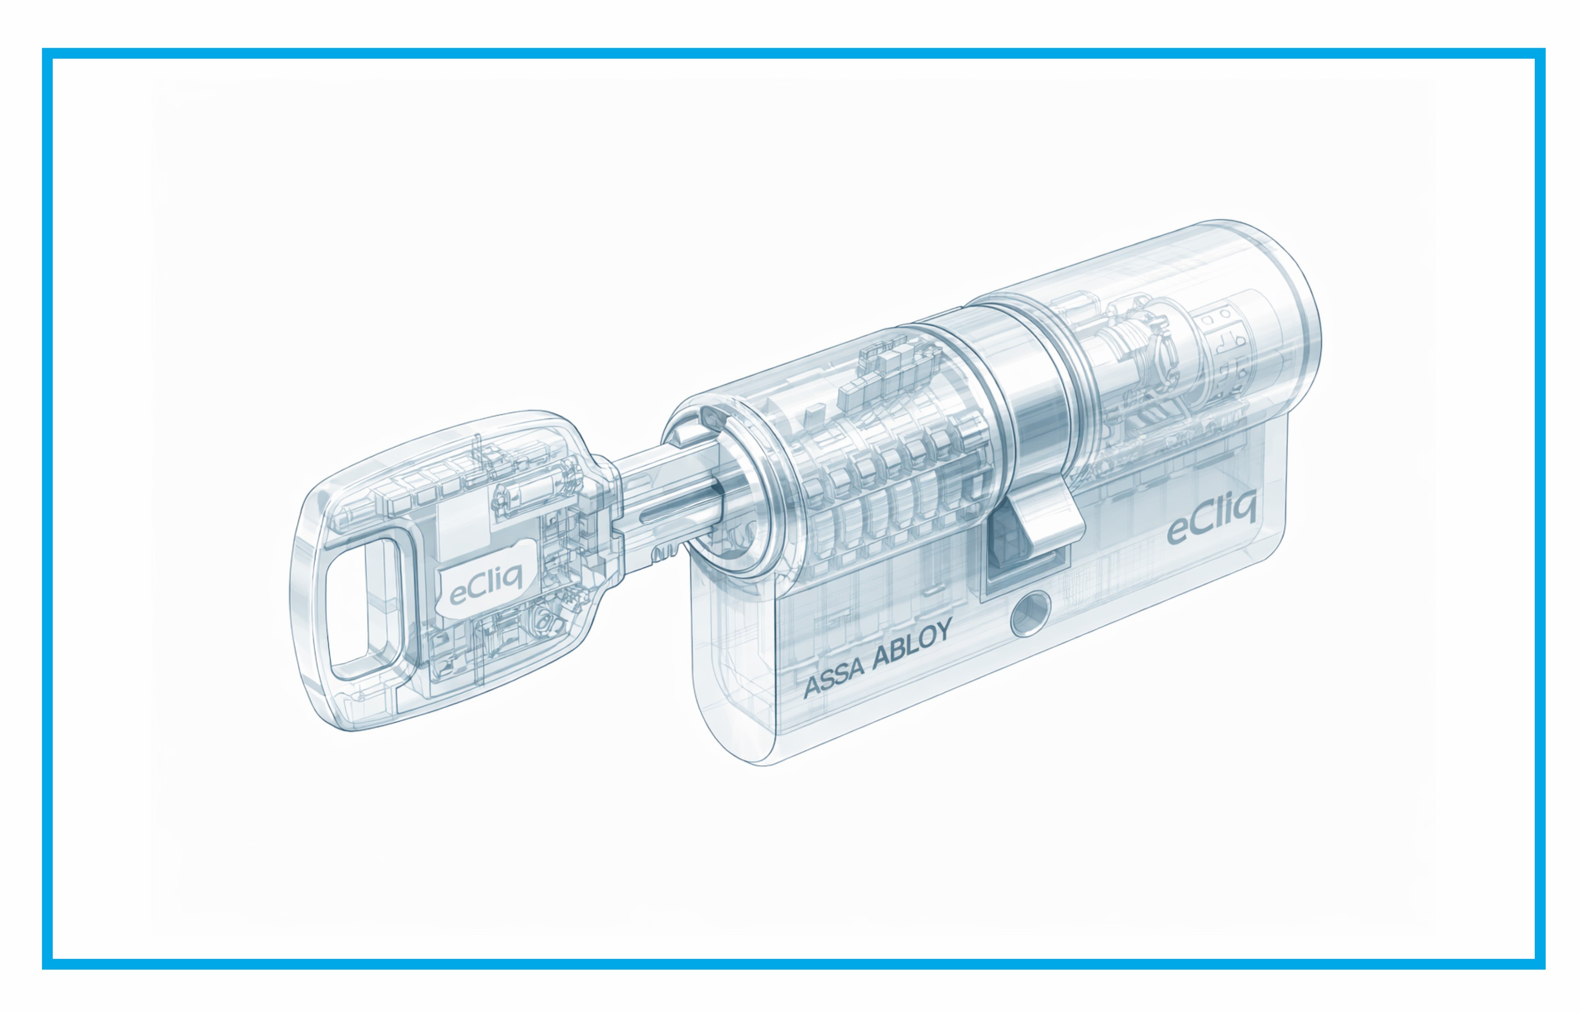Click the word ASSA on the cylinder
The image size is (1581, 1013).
(834, 679)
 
